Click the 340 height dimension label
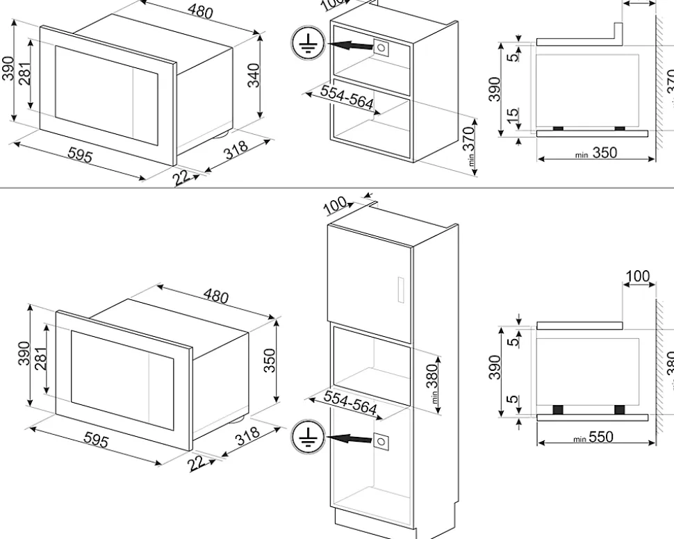254,75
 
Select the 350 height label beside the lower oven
270,360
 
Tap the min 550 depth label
595,438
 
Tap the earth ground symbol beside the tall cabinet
304,437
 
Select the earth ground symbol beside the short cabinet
303,45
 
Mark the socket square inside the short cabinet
381,47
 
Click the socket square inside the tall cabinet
381,440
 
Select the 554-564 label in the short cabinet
347,101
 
